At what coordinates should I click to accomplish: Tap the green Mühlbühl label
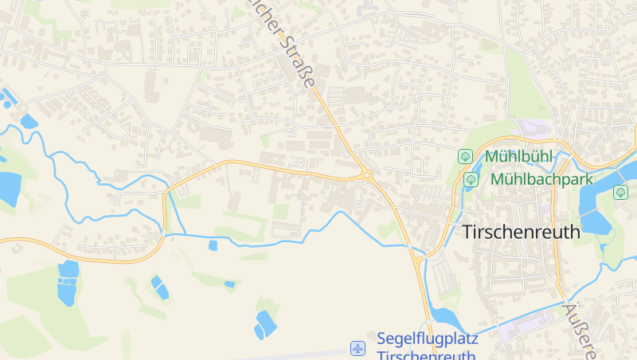[x=518, y=156]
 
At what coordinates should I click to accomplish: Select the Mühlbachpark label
[x=541, y=179]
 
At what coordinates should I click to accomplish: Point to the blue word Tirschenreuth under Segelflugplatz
[x=426, y=355]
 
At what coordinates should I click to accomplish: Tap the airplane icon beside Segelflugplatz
[x=358, y=348]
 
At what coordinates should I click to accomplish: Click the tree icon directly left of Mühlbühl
[x=465, y=157]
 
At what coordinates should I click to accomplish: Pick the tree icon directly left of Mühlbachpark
[x=471, y=179]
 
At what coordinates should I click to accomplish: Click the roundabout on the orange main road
[x=366, y=174]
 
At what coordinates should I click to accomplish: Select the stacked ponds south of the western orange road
[x=68, y=282]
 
